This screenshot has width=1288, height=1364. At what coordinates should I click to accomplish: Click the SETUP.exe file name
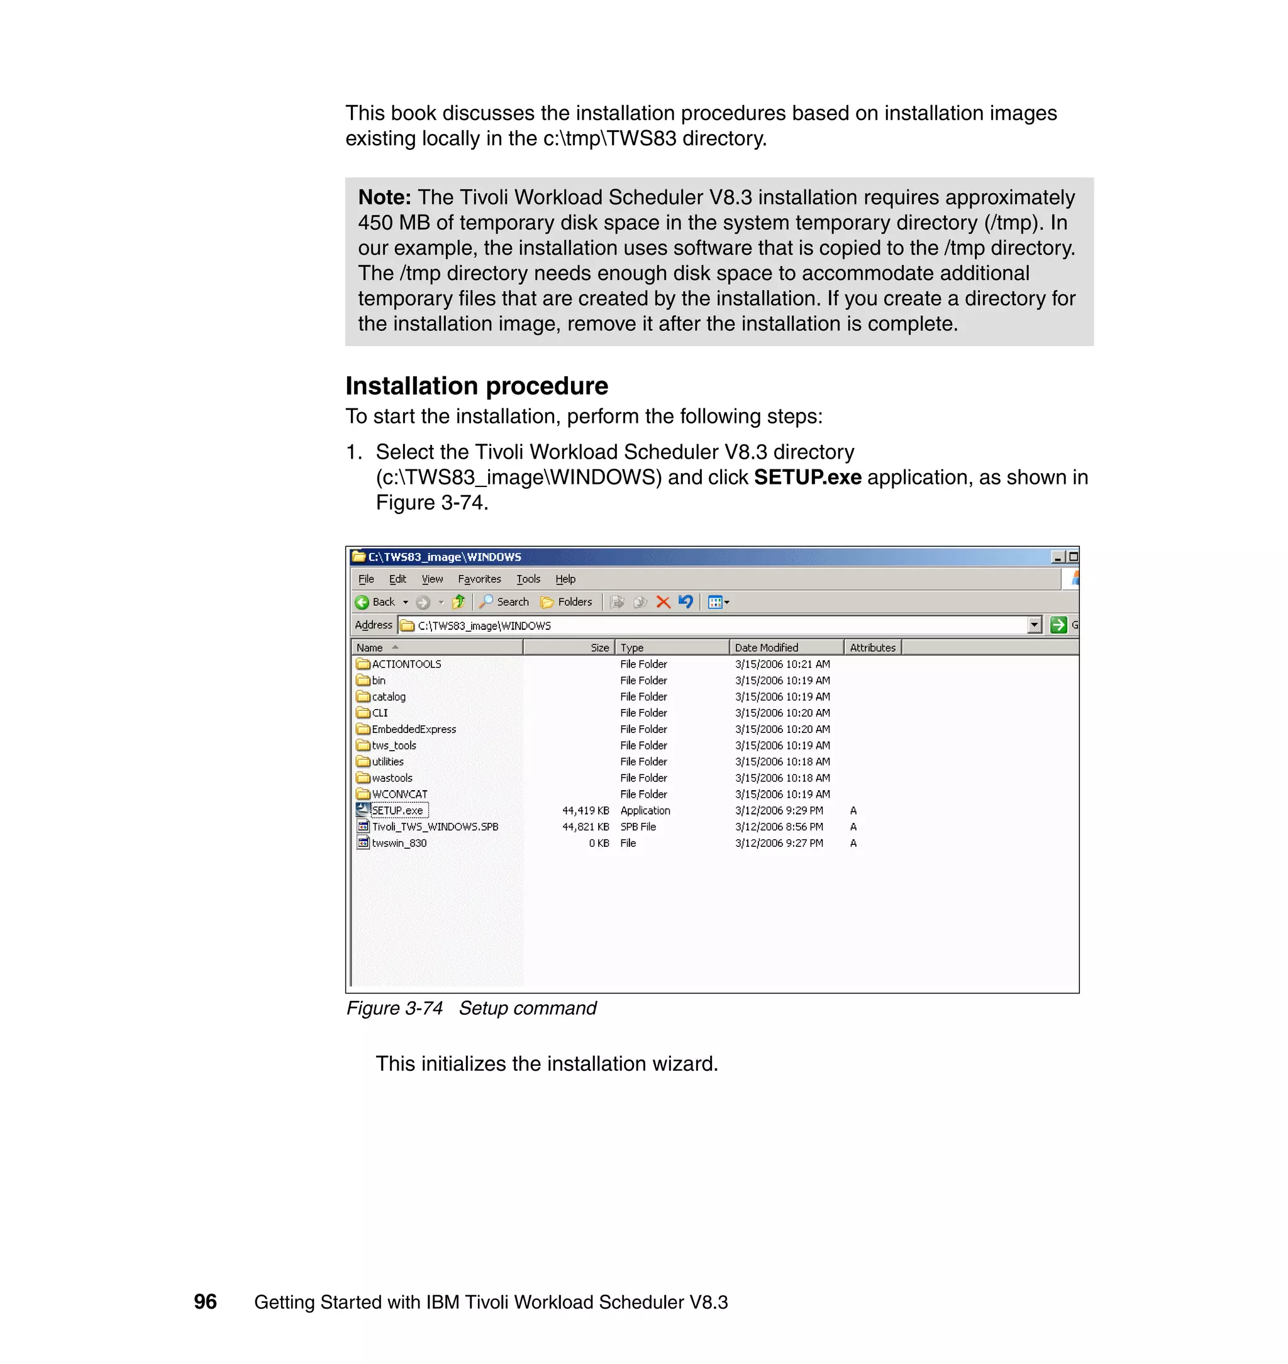(x=397, y=810)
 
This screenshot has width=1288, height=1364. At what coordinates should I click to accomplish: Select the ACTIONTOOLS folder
(x=406, y=664)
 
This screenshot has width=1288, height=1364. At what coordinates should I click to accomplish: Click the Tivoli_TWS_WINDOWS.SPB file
(x=435, y=827)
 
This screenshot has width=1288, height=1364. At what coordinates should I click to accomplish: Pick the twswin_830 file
(x=399, y=844)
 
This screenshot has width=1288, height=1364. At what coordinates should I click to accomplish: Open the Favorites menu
(x=479, y=579)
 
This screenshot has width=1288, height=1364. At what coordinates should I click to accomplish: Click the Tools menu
(x=528, y=579)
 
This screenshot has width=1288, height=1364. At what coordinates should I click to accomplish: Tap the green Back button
(x=375, y=602)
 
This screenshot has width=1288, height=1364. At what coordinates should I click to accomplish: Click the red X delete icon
(x=662, y=602)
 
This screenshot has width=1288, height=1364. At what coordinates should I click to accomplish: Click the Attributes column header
(x=872, y=647)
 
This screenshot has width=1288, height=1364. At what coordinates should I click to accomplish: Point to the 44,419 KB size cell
(x=585, y=810)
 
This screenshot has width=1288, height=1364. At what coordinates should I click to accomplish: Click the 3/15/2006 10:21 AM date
(x=782, y=664)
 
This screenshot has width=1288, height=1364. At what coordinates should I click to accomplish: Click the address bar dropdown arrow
(x=1035, y=625)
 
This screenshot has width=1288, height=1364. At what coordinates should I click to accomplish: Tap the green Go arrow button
(x=1058, y=625)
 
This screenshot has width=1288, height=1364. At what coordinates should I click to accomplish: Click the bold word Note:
(x=384, y=198)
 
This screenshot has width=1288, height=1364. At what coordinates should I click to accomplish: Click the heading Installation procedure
(x=477, y=386)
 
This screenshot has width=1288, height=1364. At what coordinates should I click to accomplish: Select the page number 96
(x=205, y=1302)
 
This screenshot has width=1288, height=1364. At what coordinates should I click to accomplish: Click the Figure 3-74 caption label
(x=394, y=1009)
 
